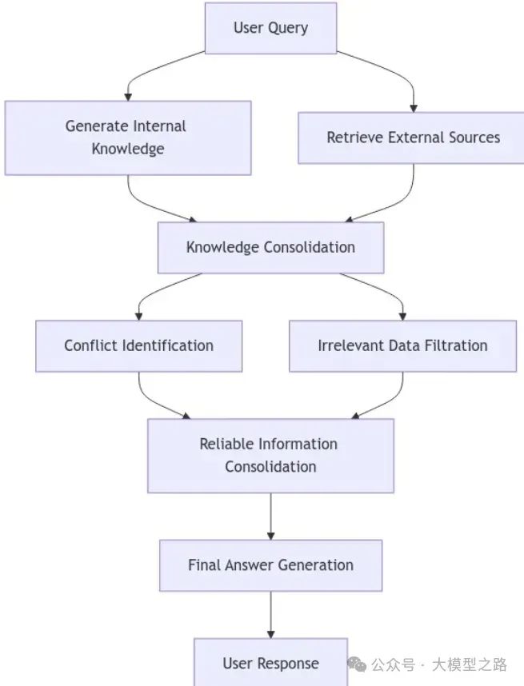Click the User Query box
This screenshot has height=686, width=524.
pos(270,28)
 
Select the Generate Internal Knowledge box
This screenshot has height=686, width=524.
pos(127,138)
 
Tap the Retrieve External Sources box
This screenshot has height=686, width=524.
pos(412,138)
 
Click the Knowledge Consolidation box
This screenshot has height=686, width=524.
pos(270,247)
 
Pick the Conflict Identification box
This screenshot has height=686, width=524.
pos(138,346)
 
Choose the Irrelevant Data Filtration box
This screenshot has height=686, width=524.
pos(402,346)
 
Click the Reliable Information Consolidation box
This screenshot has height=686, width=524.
pos(270,455)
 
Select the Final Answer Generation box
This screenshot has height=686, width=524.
pos(270,565)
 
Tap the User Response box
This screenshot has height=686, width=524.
pos(270,663)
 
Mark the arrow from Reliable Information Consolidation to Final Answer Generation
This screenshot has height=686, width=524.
pos(270,516)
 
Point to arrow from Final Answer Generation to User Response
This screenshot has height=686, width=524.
pos(270,614)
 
